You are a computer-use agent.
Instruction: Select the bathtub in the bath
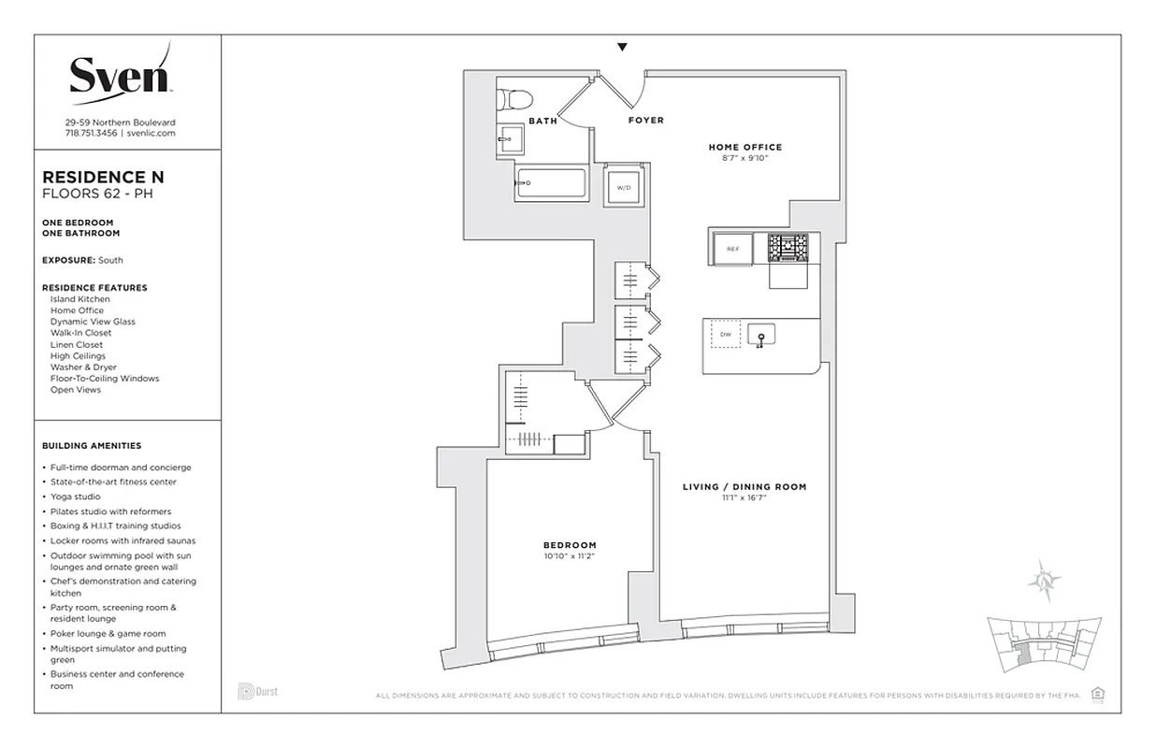[x=551, y=183]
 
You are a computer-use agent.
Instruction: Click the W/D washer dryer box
[x=622, y=187]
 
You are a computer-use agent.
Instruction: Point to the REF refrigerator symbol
[x=733, y=250]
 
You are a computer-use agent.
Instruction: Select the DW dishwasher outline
[x=726, y=334]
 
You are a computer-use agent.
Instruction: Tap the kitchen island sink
[x=761, y=335]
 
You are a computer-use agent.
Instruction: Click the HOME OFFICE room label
[x=744, y=147]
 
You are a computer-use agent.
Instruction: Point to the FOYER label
[x=645, y=121]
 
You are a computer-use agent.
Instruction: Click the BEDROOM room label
[x=570, y=545]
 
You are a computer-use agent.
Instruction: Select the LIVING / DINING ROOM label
[x=744, y=487]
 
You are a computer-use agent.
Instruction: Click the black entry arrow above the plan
[x=622, y=48]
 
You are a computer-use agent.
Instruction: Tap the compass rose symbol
[x=1043, y=581]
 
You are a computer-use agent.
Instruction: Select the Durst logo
[x=257, y=692]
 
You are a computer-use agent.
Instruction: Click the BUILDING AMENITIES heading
[x=92, y=446]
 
